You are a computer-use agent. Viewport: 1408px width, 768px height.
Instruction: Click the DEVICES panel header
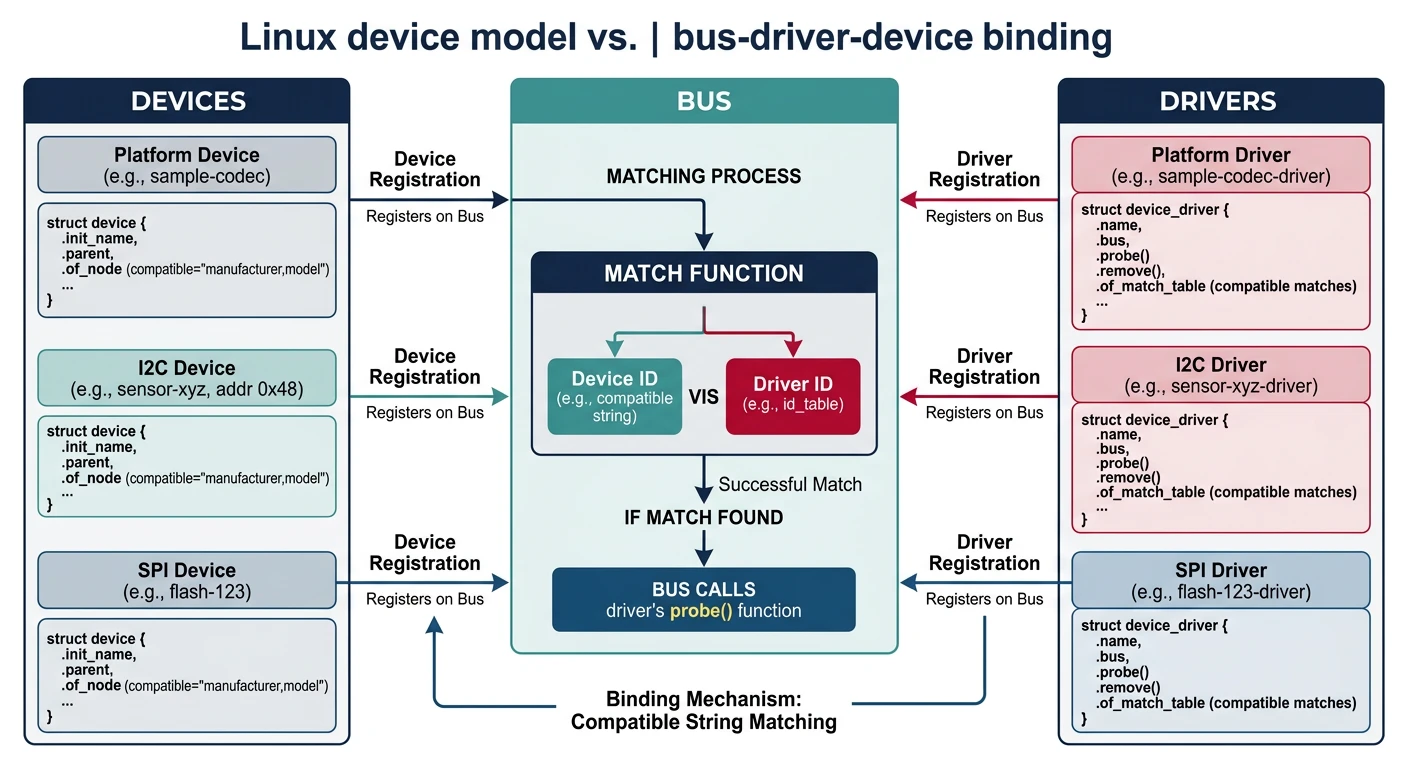[187, 101]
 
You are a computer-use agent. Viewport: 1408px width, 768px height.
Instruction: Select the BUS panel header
[704, 101]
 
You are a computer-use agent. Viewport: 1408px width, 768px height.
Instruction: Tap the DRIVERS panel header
[1220, 101]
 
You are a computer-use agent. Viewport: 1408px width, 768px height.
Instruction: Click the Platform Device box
[187, 165]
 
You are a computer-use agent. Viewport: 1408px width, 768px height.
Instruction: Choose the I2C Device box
[187, 377]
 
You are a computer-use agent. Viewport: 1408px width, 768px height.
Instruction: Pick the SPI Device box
[187, 580]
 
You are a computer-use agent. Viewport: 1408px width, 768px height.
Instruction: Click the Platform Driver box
[1220, 165]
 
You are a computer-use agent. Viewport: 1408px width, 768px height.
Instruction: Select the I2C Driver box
[1220, 374]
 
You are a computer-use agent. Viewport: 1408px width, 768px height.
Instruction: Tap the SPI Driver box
[1220, 580]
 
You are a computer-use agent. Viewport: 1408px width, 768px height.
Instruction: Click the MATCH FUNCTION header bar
[704, 273]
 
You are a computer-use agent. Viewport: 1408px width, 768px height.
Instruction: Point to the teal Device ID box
[615, 396]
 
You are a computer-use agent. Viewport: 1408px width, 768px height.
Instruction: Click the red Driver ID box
[792, 396]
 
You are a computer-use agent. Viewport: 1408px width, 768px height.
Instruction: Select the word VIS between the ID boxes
[704, 397]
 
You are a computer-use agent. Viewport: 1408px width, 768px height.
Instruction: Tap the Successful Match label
[790, 485]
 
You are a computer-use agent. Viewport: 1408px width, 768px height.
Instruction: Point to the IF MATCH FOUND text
[704, 517]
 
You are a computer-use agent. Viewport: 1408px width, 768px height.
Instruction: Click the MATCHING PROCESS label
[704, 177]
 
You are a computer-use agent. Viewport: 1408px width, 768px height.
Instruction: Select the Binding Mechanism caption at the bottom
[704, 710]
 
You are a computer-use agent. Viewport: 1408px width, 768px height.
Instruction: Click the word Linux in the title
[290, 38]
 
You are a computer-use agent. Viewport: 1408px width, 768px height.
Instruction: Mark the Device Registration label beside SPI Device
[425, 553]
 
